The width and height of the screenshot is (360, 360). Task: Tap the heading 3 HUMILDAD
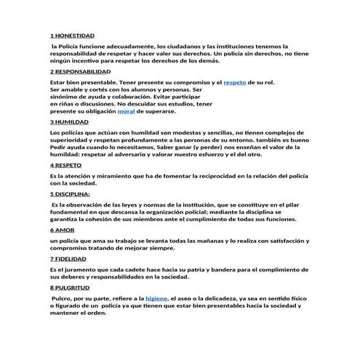point(71,122)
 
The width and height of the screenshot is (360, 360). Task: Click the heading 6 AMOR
point(63,229)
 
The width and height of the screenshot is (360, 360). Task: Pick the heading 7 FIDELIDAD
point(71,258)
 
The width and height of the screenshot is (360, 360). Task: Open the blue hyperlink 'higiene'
point(157,298)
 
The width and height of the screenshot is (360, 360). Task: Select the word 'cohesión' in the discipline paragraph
point(117,218)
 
